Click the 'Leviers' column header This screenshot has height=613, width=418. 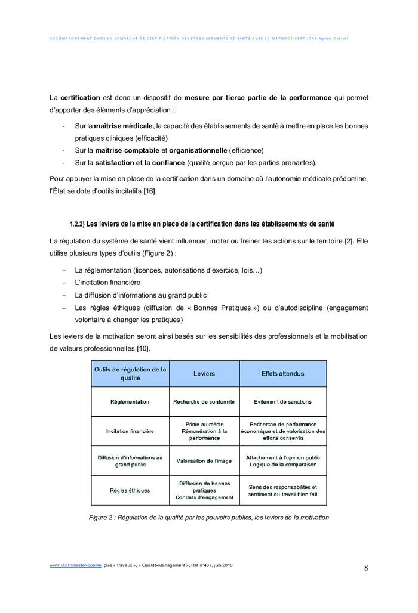tap(204, 374)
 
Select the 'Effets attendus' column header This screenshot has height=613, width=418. tap(282, 374)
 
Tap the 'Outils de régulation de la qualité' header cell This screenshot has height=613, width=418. tap(130, 374)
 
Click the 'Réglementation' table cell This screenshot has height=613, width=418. tap(130, 402)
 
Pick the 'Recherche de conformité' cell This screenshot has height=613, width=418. tap(204, 402)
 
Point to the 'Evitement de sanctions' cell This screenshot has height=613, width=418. tap(282, 402)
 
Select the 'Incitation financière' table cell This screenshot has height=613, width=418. tap(130, 431)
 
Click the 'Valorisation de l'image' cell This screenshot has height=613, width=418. tap(204, 460)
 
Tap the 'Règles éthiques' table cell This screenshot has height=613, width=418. tap(130, 490)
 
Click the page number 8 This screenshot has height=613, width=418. tap(366, 568)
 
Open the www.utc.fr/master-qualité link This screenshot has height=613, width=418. tap(75, 565)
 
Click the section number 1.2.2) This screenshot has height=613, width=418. tap(77, 224)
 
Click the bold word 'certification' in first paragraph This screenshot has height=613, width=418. tap(80, 97)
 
